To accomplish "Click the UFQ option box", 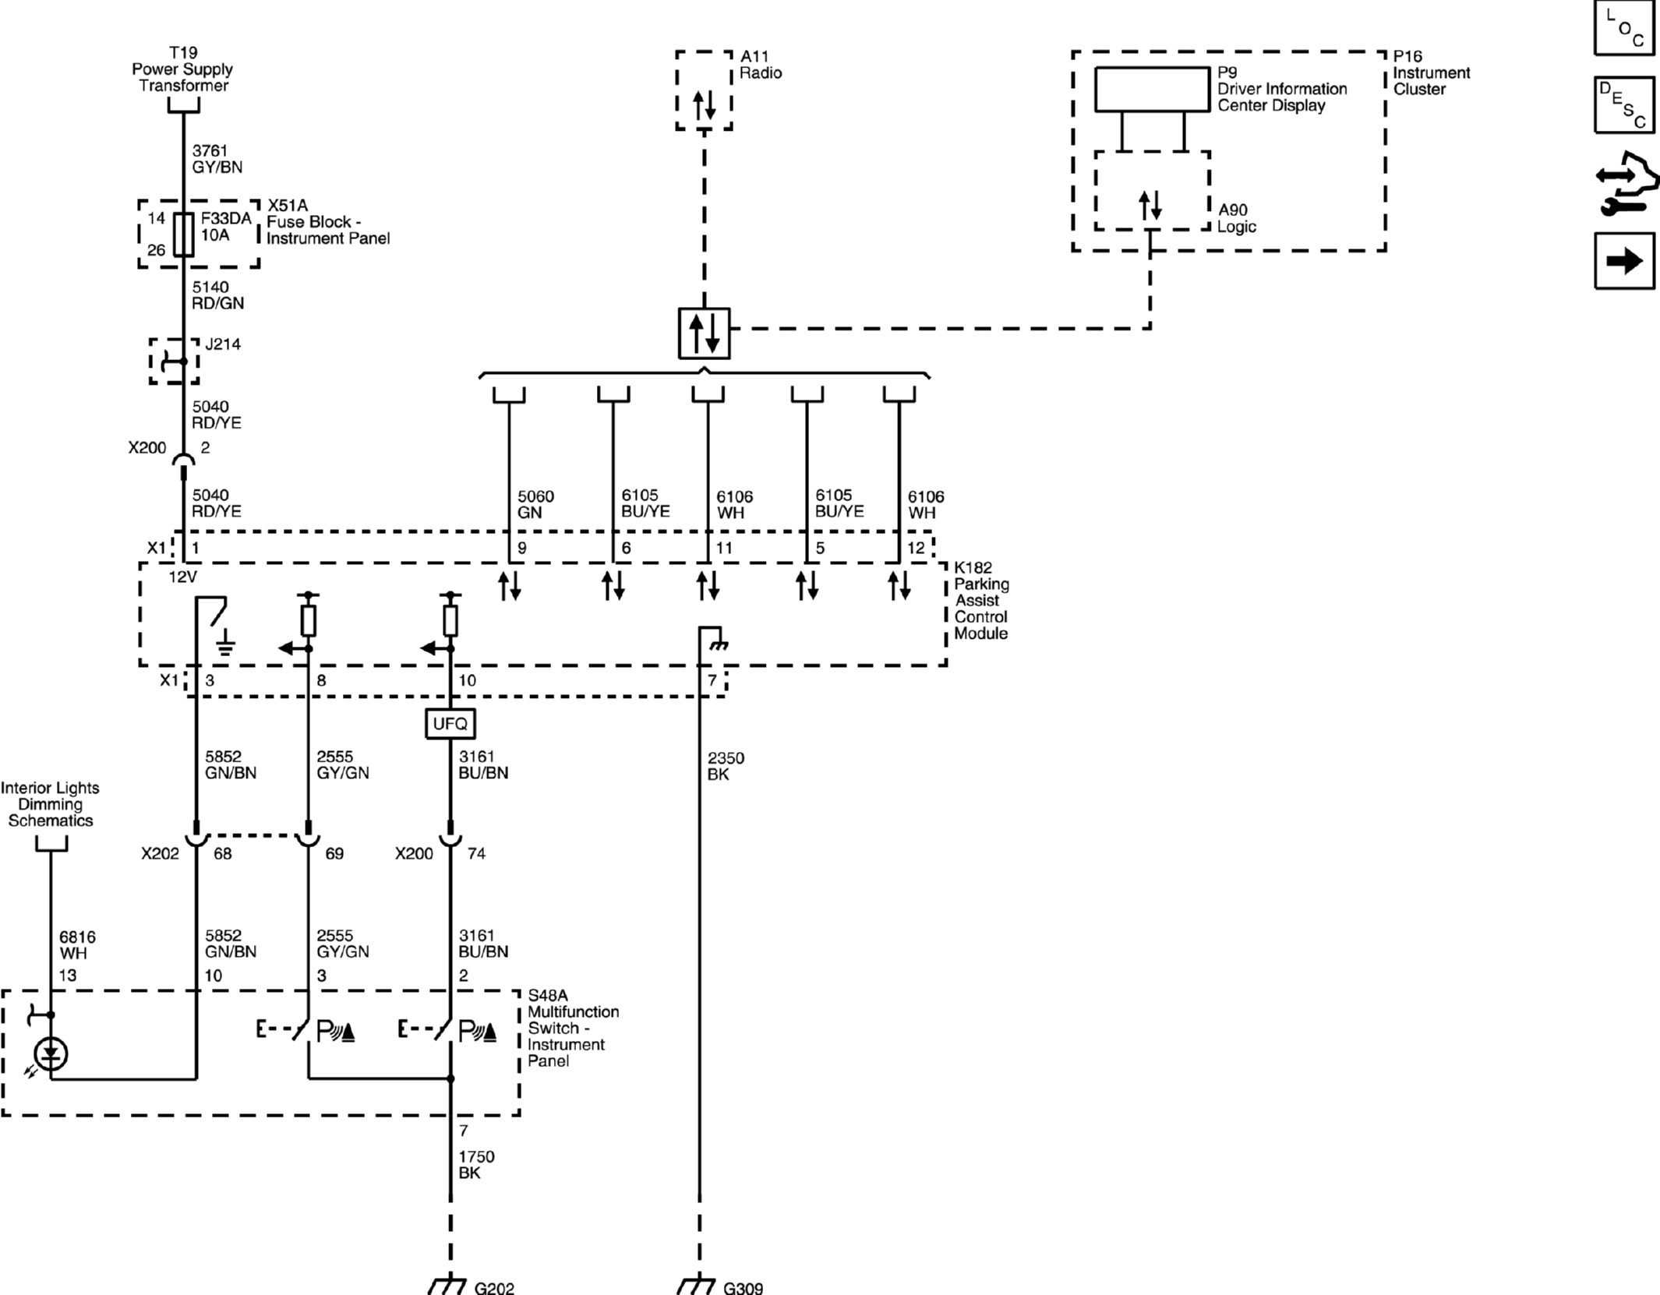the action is (x=450, y=724).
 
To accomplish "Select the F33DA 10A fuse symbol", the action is (x=183, y=235).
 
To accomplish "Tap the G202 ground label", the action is (x=494, y=1287).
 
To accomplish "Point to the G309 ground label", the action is (x=743, y=1287).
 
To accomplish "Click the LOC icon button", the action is (x=1624, y=28).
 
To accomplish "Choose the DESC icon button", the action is (x=1624, y=104).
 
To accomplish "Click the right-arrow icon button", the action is (x=1624, y=260).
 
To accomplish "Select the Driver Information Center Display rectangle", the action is (x=1152, y=90).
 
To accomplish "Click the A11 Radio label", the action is (x=761, y=65).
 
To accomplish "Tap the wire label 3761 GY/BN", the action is (x=217, y=158).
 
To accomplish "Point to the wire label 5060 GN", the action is (x=535, y=504).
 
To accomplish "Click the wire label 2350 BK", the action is (x=726, y=766).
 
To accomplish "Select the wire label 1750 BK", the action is (x=476, y=1165).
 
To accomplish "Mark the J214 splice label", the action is (x=223, y=344).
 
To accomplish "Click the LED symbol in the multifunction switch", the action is (x=51, y=1054).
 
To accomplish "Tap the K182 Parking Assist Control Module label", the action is (x=981, y=601).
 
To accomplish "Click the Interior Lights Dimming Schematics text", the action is (x=50, y=804).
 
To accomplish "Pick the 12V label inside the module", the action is (x=183, y=577).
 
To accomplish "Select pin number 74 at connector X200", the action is (x=476, y=854).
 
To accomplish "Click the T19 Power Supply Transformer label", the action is (x=183, y=69).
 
